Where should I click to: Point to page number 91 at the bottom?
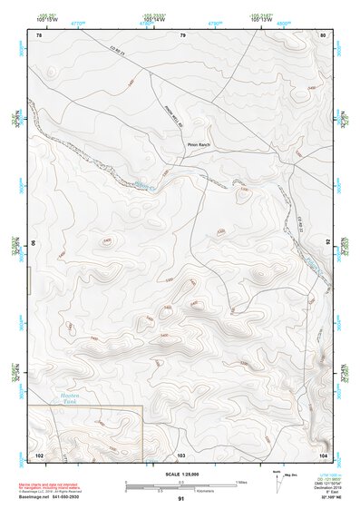(x=181, y=499)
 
